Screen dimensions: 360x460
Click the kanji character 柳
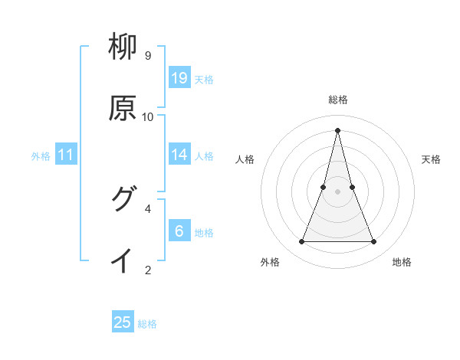[123, 48]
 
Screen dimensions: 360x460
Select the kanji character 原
[123, 108]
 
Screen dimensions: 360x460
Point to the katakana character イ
[123, 260]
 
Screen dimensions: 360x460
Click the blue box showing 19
[179, 77]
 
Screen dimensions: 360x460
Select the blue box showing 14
[179, 154]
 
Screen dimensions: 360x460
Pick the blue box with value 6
[179, 231]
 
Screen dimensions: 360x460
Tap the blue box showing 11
[66, 155]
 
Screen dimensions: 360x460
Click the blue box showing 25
[123, 322]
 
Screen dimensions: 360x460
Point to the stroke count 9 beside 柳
[147, 56]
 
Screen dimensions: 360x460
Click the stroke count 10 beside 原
[148, 116]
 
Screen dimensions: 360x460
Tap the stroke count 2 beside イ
[148, 270]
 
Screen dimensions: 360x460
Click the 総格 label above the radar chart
[338, 100]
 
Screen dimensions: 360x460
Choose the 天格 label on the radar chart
[431, 159]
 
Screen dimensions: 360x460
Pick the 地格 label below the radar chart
[402, 262]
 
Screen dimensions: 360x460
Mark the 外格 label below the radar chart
[270, 262]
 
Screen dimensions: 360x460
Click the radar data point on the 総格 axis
[338, 129]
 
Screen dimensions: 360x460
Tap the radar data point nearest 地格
[374, 242]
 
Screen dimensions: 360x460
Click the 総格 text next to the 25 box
[147, 324]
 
